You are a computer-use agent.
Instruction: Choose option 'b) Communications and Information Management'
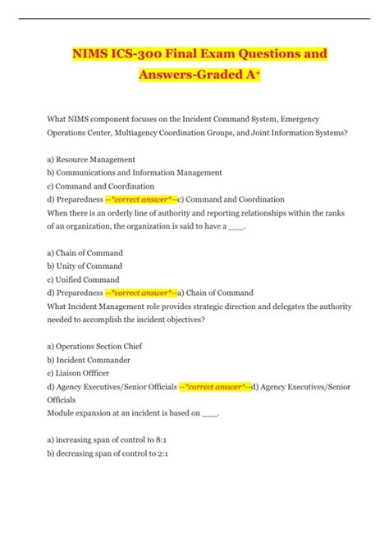point(135,172)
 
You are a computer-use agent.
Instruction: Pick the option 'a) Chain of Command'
point(85,252)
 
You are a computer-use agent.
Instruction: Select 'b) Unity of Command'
point(85,266)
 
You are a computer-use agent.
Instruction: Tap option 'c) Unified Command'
point(83,279)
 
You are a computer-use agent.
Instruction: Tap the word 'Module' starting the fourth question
point(62,413)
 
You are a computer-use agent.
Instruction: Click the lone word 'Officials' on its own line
point(62,399)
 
